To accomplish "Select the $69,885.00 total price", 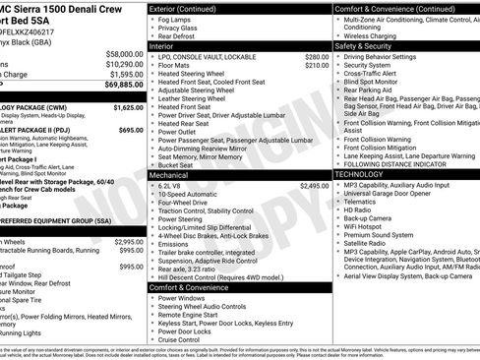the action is click(x=124, y=86).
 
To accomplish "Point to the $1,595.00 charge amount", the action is click(x=126, y=74).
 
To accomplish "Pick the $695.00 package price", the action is click(x=131, y=130).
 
